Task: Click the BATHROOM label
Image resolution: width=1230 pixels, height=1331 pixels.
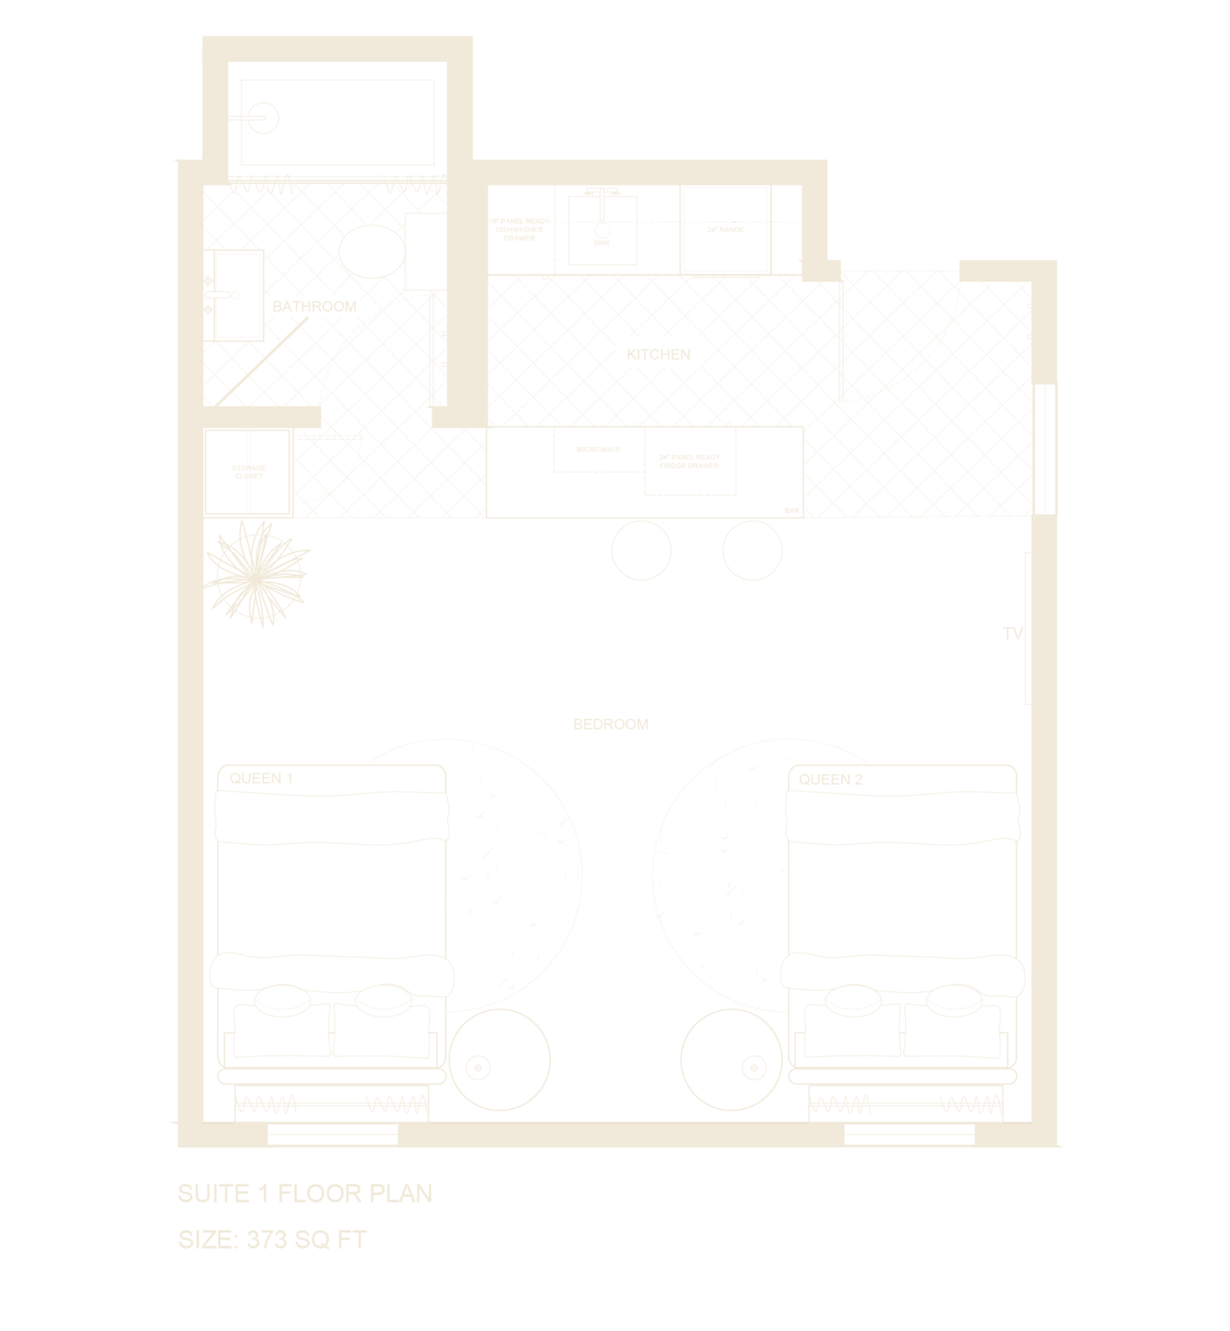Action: (314, 307)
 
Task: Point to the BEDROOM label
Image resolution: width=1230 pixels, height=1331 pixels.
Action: (611, 724)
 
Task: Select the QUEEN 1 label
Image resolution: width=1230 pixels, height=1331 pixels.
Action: (261, 778)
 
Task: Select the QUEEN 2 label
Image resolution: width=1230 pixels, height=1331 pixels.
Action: (831, 779)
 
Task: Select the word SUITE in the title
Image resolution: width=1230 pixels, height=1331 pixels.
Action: (212, 1193)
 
